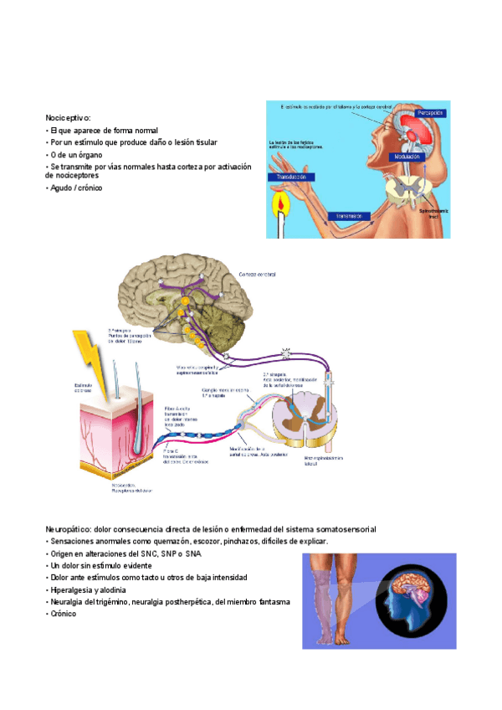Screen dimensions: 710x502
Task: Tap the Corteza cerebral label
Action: pos(257,275)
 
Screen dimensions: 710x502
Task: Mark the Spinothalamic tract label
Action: pos(433,214)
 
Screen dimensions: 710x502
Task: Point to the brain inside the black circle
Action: pos(410,595)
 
